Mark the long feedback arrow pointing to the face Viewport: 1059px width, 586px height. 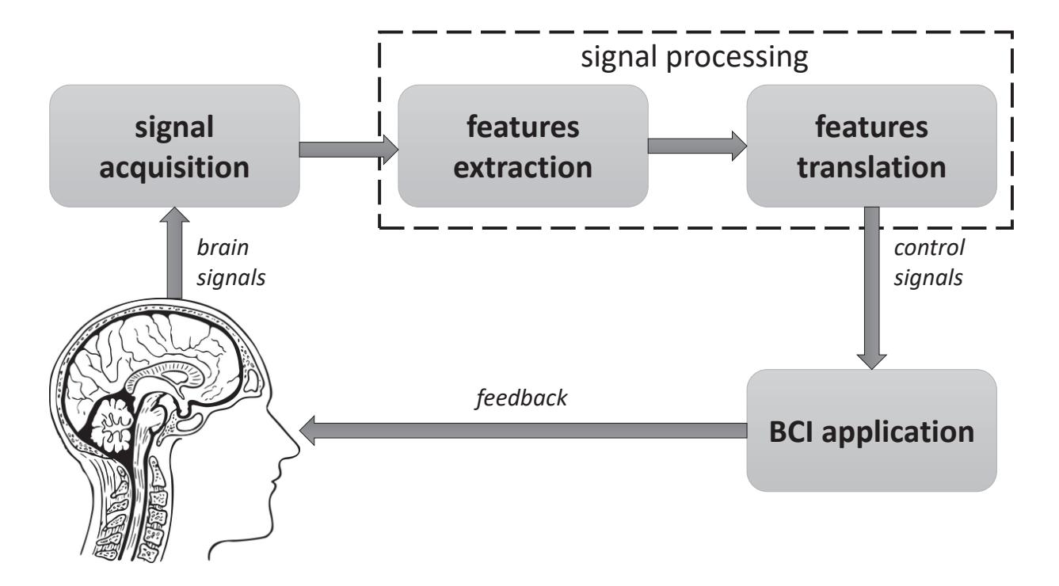[523, 431]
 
